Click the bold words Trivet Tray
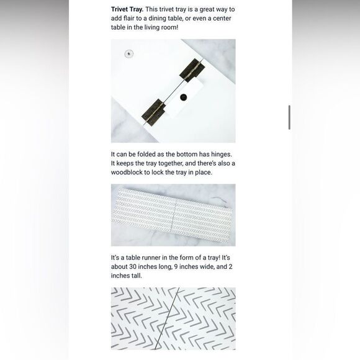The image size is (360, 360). coord(127,10)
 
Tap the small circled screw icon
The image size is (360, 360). coord(129,54)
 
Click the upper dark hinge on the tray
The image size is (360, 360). coord(192,70)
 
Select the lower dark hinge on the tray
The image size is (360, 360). coord(153,112)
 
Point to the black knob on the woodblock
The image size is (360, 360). coord(183,97)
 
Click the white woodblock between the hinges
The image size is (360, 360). coord(185,98)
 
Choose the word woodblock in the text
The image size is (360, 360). coord(127,173)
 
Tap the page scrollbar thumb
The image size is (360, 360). coord(289,117)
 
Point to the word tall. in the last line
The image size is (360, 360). coord(135,276)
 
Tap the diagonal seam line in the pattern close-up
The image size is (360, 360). coord(167,318)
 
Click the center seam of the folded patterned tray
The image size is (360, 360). coord(173,215)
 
